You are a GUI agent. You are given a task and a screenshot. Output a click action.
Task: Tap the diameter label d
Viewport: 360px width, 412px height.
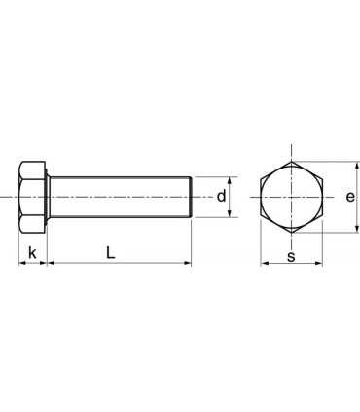click(x=221, y=197)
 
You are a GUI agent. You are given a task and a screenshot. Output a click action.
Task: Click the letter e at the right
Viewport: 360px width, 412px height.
click(x=349, y=197)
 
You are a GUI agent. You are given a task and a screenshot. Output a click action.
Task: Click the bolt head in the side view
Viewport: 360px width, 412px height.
click(x=33, y=198)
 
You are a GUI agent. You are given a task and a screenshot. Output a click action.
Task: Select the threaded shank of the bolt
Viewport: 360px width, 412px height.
click(x=117, y=198)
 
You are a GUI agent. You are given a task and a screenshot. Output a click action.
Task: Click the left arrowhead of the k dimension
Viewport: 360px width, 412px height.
click(x=21, y=264)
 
